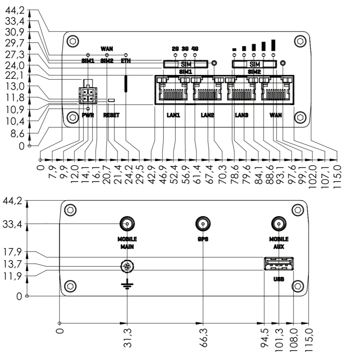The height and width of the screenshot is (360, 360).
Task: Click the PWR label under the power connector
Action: point(88,115)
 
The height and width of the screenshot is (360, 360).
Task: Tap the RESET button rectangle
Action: point(111,100)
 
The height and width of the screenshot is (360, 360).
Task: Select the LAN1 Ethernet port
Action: point(174,89)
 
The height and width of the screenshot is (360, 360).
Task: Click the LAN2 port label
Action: point(208,115)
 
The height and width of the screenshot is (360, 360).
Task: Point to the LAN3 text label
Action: point(242,115)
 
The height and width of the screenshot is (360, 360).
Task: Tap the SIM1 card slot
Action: point(186,64)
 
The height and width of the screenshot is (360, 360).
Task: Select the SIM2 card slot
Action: point(255,64)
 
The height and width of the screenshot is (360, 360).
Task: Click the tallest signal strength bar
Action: point(273,45)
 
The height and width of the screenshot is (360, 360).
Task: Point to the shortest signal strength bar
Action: point(234,50)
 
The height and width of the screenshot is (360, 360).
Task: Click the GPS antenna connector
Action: point(203,224)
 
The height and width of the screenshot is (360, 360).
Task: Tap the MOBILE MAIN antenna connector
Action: point(127,224)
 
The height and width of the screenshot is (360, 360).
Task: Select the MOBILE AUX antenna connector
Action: point(279,224)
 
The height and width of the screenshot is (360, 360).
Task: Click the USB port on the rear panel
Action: point(279,264)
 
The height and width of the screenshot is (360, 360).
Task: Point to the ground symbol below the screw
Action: point(127,284)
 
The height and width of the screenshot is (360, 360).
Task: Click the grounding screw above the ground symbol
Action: point(127,266)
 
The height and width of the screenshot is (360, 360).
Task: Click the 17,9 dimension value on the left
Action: point(12,252)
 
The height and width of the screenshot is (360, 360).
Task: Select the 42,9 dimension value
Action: point(152,175)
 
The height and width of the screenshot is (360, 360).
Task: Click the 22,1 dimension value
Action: point(15,75)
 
